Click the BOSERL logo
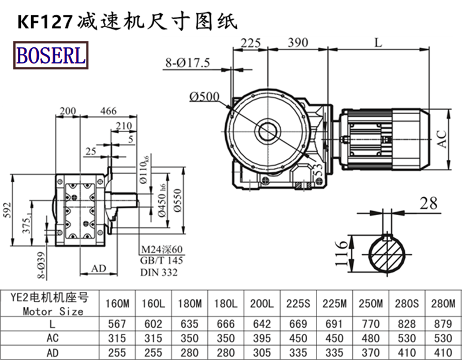point(51,55)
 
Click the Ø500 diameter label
point(203,96)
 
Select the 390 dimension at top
point(297,43)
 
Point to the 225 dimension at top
point(250,43)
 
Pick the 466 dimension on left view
point(107,111)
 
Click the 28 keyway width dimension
point(427,202)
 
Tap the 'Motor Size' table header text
point(54,311)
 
